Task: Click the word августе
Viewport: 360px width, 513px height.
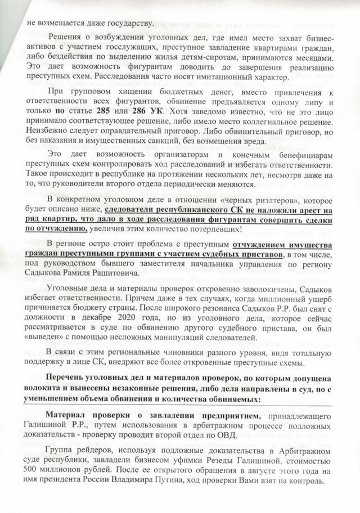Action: [226, 485]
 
